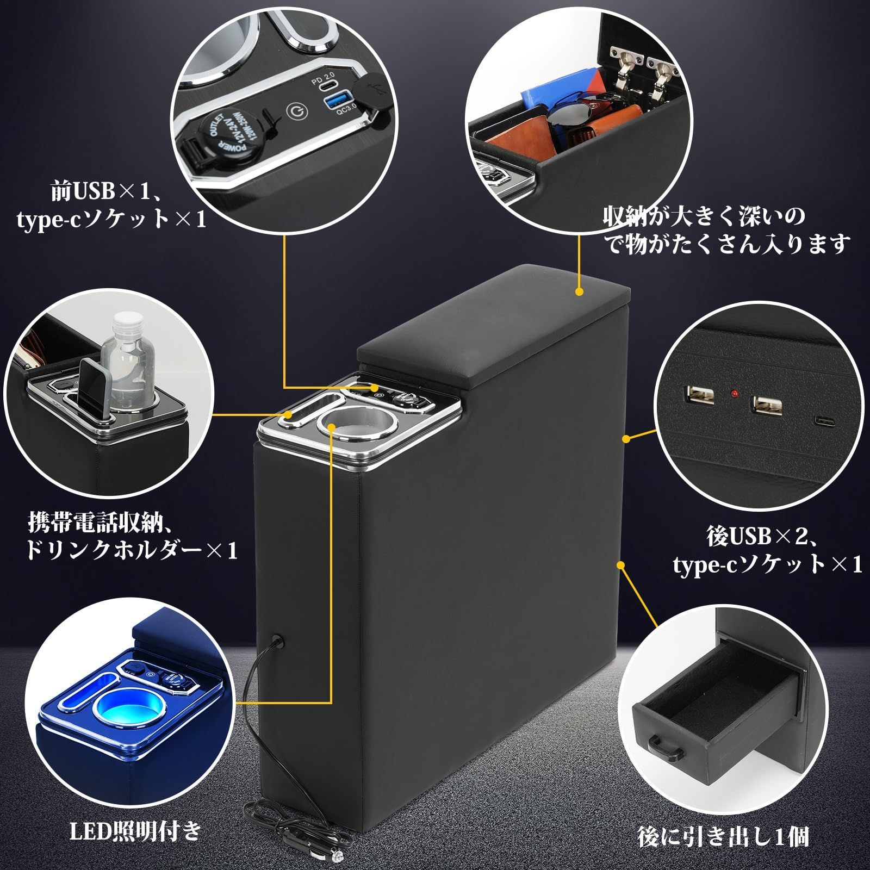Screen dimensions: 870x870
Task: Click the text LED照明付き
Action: click(136, 831)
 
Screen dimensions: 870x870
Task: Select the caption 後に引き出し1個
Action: click(723, 836)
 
